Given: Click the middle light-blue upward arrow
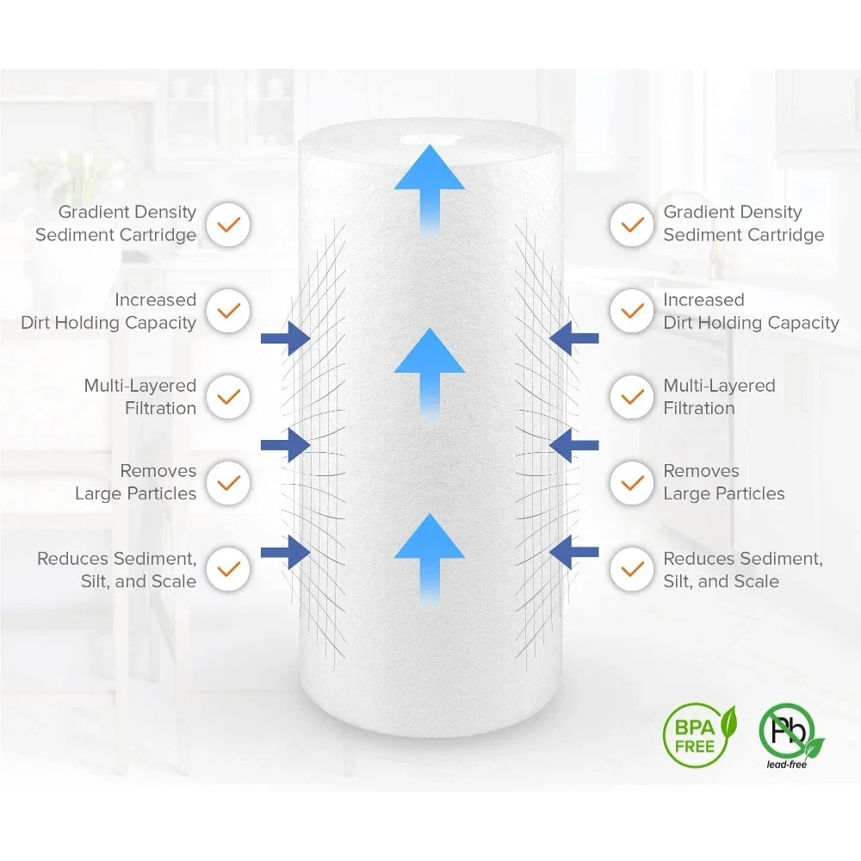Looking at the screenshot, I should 429,370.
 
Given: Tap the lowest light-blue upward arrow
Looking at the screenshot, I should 429,556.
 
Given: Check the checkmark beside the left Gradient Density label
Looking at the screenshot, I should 227,225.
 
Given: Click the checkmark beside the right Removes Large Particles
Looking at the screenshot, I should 633,483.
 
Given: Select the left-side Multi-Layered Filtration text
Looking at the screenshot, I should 140,397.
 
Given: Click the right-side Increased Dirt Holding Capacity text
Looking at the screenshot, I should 750,312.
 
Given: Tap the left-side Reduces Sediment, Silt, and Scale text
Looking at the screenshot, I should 117,570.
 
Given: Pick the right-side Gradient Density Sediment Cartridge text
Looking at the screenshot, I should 743,224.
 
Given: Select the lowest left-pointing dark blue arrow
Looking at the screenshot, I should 573,551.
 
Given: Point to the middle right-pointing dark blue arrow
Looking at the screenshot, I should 286,445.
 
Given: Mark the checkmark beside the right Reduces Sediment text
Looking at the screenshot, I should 633,569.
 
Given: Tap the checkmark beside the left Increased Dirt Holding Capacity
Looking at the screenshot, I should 227,311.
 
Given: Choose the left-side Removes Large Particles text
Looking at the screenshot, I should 136,483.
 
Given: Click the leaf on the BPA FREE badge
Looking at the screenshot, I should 728,718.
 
